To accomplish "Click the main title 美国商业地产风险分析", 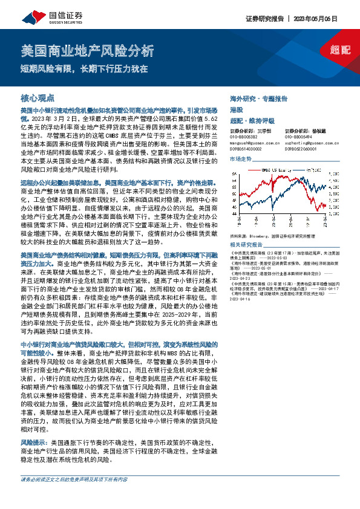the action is point(87,50).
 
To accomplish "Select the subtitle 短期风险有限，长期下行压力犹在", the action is point(85,68).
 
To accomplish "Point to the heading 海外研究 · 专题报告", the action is point(258,97).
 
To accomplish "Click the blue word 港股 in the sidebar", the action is point(235,108).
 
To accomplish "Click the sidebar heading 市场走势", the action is point(240,158).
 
